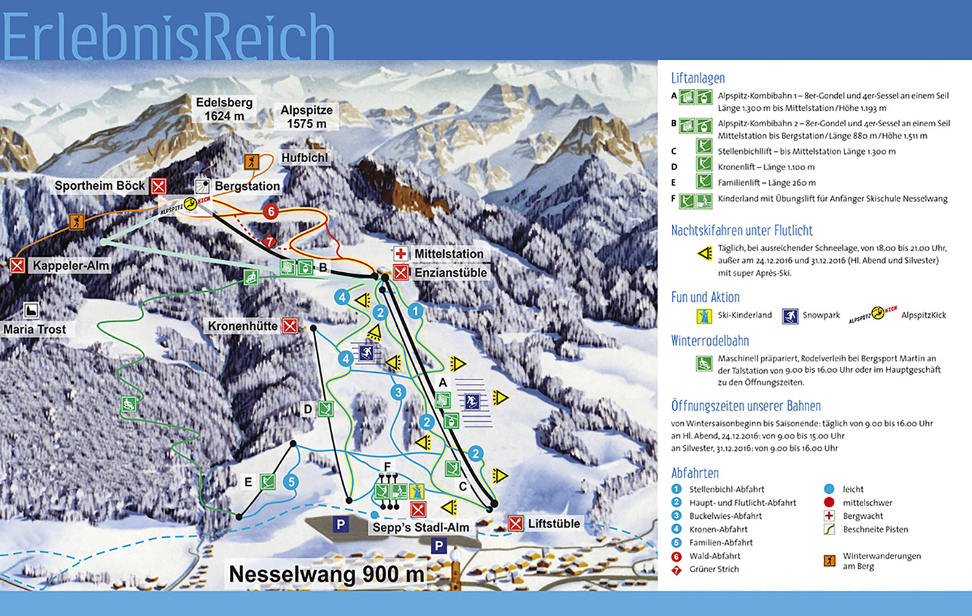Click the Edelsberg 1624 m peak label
224,109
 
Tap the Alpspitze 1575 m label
306,117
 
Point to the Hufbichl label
304,158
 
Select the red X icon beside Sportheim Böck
159,186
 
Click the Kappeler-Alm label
70,265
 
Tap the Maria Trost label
34,330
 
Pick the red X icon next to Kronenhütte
290,326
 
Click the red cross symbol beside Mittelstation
401,253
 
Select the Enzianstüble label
450,273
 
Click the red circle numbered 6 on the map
271,211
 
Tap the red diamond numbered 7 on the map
269,241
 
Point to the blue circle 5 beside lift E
291,482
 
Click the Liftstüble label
553,523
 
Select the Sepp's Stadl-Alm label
421,528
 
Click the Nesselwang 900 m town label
327,574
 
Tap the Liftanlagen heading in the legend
698,78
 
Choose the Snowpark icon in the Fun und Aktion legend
790,315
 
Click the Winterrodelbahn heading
710,341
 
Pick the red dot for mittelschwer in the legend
829,503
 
